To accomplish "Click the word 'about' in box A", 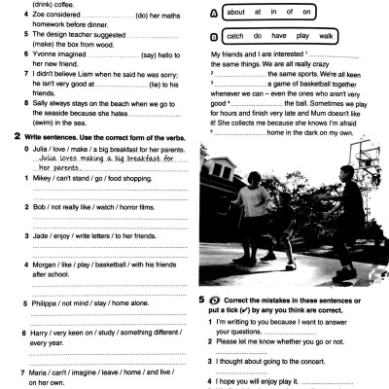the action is click(x=236, y=13).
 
